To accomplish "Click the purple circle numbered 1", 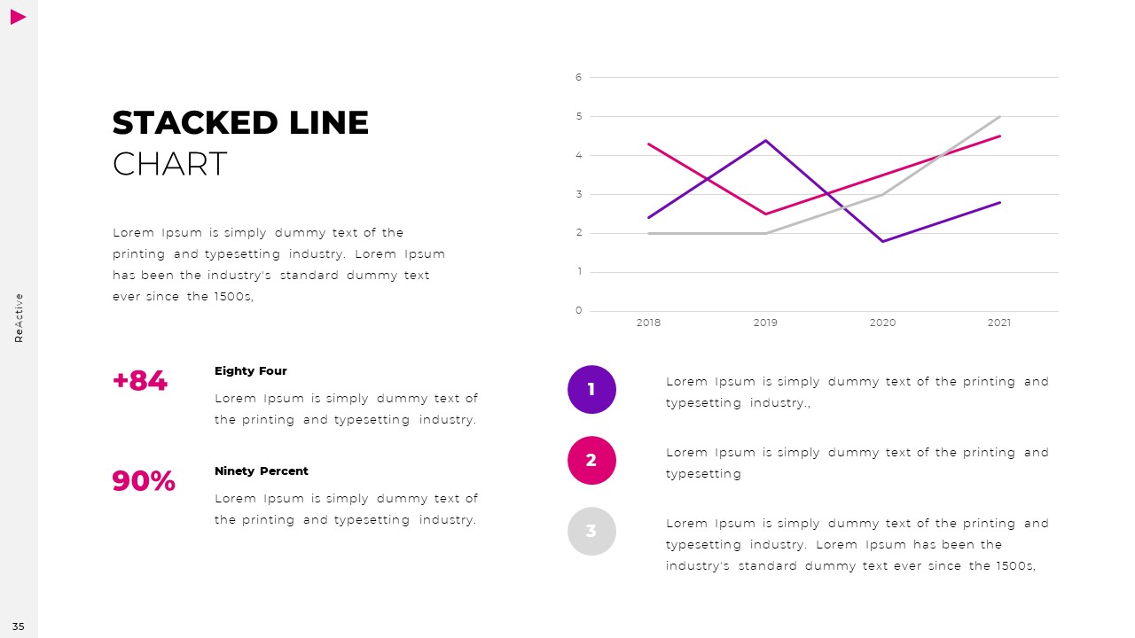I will point(591,389).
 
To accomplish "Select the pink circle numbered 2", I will point(591,460).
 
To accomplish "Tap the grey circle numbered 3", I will point(591,531).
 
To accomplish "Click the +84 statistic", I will point(140,381).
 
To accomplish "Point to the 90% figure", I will point(144,481).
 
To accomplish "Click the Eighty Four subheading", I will point(251,371).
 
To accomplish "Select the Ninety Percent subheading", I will point(262,471).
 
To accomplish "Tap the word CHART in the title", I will point(170,165).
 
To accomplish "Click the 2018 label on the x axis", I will point(648,323).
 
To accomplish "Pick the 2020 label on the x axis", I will point(882,323).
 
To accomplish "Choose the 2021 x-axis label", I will point(999,323).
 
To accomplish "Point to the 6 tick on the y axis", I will point(579,78).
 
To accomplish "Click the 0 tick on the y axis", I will point(579,311).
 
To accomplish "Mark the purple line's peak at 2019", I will point(765,140).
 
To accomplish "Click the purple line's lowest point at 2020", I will point(882,241).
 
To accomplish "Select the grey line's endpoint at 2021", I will point(1000,116).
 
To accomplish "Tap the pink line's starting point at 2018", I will point(648,144).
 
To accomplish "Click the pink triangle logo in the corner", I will point(18,17).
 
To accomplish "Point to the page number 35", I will point(19,627).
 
